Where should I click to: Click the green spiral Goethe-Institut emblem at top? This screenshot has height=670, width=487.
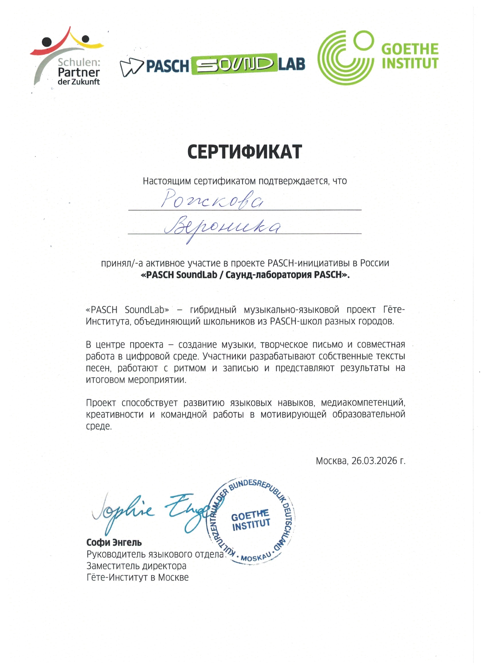tap(345, 58)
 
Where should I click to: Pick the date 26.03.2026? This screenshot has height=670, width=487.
tap(374, 461)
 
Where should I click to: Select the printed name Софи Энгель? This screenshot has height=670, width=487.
tap(114, 543)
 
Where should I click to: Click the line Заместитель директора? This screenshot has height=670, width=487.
tap(136, 566)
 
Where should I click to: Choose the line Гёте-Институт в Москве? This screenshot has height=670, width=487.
tap(138, 577)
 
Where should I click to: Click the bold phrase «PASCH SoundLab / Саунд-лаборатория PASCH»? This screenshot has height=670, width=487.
tap(245, 275)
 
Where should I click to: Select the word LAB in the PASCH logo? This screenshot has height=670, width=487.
tap(292, 64)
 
